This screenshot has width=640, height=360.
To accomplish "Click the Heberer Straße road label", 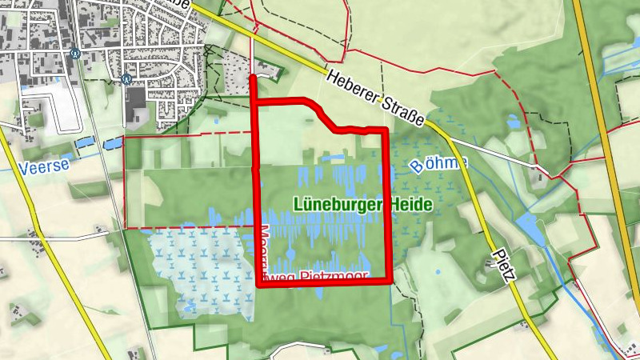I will pyautogui.click(x=375, y=98).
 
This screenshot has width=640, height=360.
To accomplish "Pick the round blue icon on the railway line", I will pyautogui.click(x=74, y=54).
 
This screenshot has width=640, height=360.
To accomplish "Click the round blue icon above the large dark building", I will pyautogui.click(x=126, y=78).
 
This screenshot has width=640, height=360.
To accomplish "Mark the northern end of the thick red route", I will pyautogui.click(x=254, y=77).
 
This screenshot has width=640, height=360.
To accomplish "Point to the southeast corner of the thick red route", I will pyautogui.click(x=390, y=281).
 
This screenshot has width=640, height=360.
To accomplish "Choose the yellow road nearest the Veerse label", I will pyautogui.click(x=32, y=200).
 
